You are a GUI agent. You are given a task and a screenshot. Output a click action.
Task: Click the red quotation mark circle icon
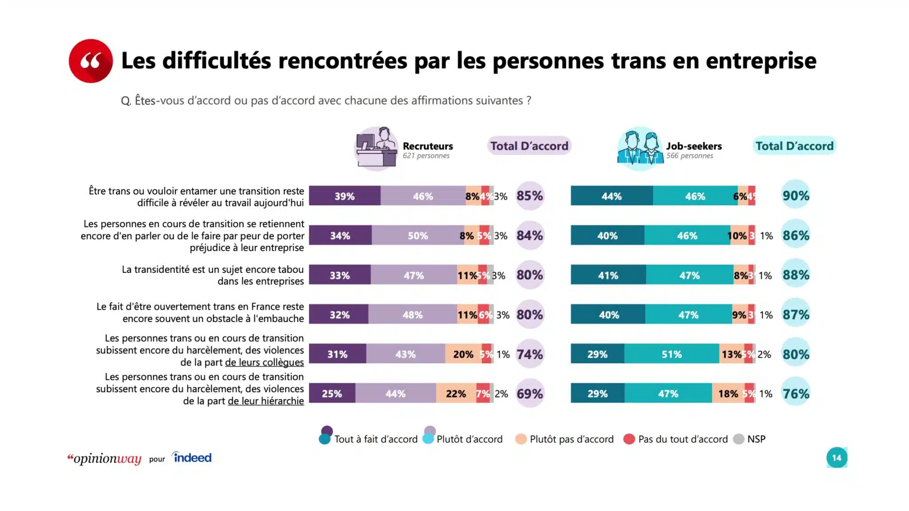tap(91, 61)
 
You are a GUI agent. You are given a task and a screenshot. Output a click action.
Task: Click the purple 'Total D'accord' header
tap(529, 146)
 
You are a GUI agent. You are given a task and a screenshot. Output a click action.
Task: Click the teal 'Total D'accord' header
tap(794, 146)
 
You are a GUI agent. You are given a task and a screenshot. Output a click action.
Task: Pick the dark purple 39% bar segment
tap(344, 196)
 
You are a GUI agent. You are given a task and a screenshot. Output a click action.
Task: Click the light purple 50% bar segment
tap(418, 236)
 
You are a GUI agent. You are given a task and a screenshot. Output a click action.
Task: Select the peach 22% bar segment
tap(456, 393)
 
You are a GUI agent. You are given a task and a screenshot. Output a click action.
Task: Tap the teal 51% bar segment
tap(671, 354)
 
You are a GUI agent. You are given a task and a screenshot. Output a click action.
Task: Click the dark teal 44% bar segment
tap(611, 196)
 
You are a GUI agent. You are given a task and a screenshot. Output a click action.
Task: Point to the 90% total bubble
tap(795, 196)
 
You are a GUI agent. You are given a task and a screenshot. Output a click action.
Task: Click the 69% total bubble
tap(530, 393)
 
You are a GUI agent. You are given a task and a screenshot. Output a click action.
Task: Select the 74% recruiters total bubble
tap(530, 354)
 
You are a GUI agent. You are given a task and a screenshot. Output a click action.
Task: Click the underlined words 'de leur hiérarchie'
tap(265, 401)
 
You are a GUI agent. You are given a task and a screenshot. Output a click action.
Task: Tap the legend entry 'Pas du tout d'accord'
tap(682, 439)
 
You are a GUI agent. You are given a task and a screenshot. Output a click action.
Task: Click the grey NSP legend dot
tap(739, 439)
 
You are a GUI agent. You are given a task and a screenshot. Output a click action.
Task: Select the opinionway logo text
tap(105, 459)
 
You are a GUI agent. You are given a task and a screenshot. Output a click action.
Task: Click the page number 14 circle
tap(836, 457)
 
